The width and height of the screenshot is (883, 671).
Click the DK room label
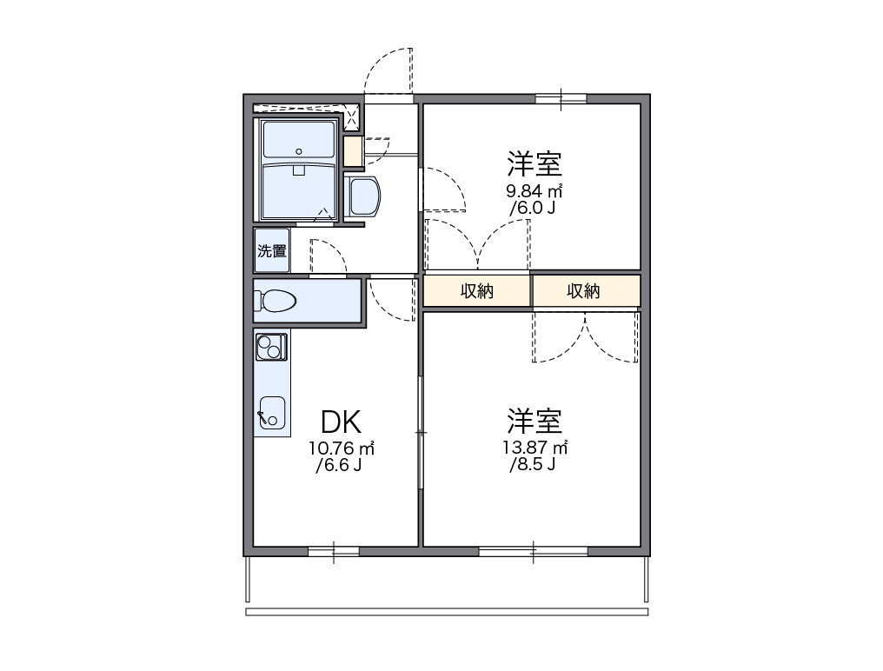341,422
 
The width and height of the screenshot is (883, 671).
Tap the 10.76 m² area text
342,448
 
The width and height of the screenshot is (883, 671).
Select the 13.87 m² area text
535,448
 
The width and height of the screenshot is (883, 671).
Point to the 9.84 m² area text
534,191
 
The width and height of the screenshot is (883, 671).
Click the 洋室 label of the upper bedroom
534,163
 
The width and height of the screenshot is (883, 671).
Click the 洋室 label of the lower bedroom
534,421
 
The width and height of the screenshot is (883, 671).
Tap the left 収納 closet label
477,290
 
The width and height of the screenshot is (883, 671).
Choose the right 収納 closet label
583,290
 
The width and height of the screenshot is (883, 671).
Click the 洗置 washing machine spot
272,250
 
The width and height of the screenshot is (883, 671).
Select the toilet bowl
276,301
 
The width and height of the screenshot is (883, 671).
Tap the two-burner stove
271,347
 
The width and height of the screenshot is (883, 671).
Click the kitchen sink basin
272,413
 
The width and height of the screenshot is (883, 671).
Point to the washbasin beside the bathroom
363,196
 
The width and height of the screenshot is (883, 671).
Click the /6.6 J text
338,465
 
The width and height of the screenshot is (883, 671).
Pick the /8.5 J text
532,465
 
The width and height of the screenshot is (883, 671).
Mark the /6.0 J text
532,208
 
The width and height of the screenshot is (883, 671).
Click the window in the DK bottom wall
334,551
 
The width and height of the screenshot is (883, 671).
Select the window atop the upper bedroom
561,99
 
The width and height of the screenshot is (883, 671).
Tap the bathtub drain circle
299,151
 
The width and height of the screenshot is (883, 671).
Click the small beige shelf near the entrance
353,151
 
